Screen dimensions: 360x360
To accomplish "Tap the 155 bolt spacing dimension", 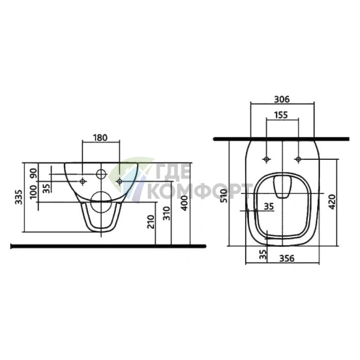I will [283, 115].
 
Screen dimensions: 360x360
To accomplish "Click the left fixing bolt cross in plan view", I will [267, 157].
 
